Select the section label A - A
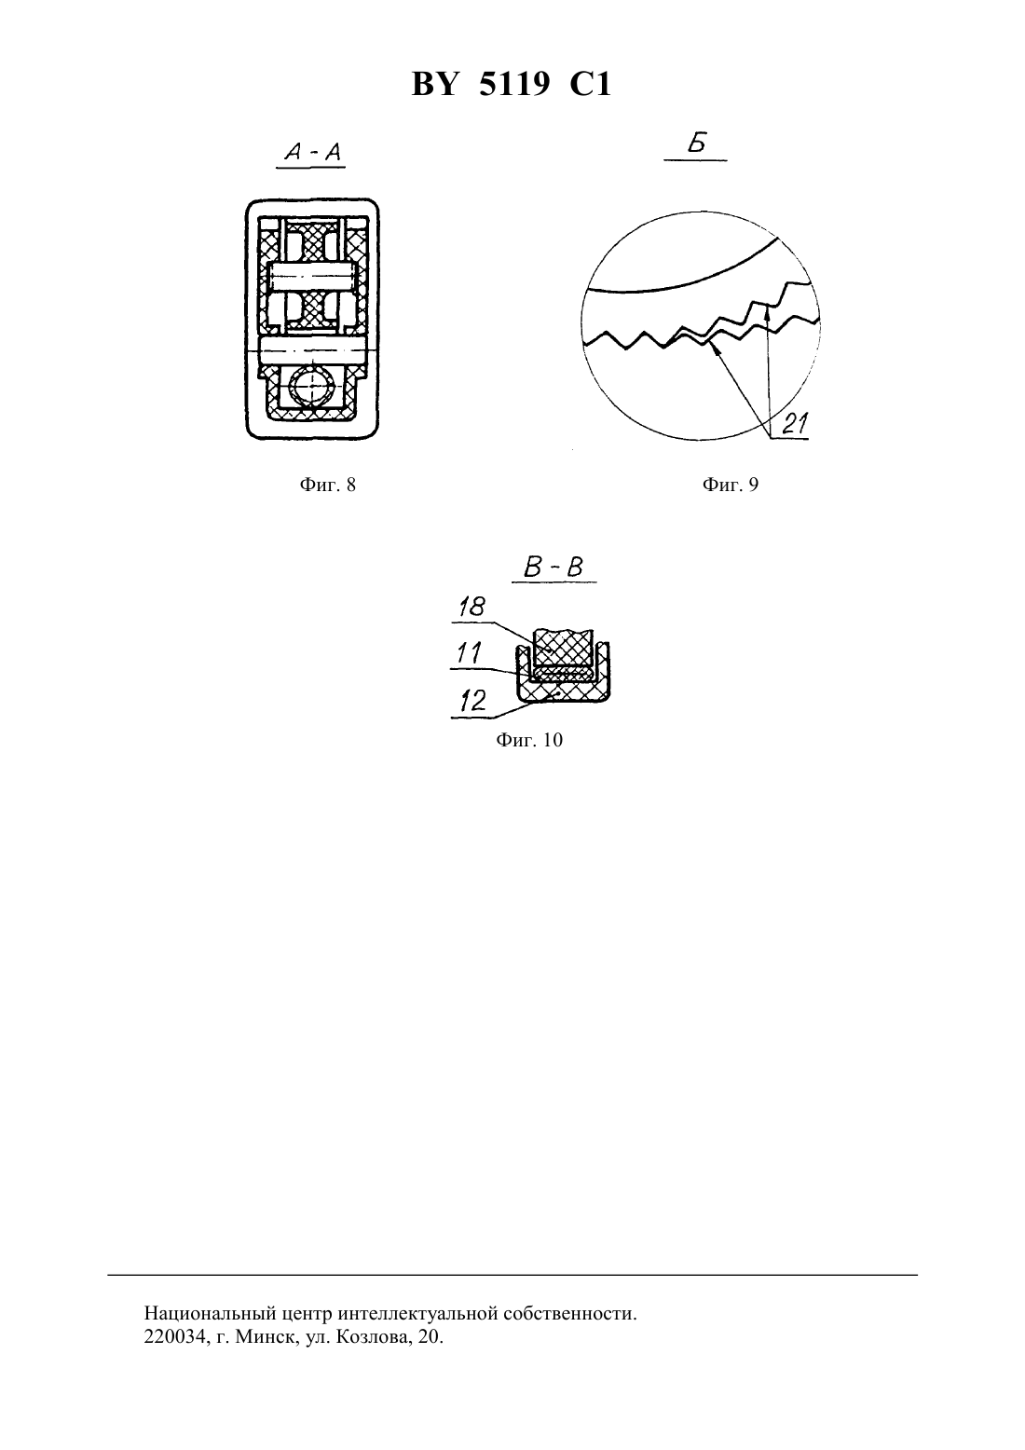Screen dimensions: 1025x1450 pyautogui.click(x=313, y=152)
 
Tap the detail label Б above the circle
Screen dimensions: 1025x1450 pyautogui.click(x=697, y=144)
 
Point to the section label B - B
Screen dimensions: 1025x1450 pyautogui.click(x=553, y=568)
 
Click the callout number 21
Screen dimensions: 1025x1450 pyautogui.click(x=795, y=424)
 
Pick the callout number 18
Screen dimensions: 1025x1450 pyautogui.click(x=471, y=607)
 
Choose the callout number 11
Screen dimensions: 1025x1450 pyautogui.click(x=469, y=653)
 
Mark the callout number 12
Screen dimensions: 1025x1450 pyautogui.click(x=473, y=701)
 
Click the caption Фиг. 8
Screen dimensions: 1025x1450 pyautogui.click(x=327, y=485)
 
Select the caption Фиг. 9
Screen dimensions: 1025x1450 pyautogui.click(x=730, y=485)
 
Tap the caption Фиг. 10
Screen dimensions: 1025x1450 pyautogui.click(x=529, y=740)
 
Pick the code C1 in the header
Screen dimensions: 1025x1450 pyautogui.click(x=590, y=85)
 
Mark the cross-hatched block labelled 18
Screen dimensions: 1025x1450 pyautogui.click(x=562, y=649)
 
